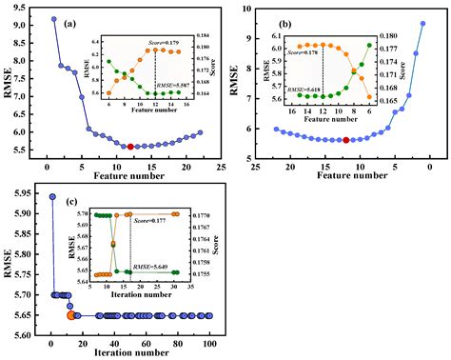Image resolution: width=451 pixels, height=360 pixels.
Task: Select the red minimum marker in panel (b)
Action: (346, 140)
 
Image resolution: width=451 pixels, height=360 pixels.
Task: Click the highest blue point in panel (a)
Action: (53, 19)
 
